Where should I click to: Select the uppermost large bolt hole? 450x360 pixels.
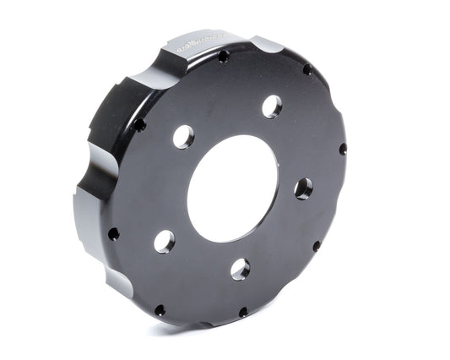point(272,106)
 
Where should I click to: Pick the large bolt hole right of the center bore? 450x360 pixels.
point(304,188)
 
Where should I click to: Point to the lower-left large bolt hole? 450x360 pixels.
point(164,242)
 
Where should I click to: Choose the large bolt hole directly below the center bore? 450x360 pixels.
point(241,269)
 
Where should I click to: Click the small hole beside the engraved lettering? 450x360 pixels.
point(223,57)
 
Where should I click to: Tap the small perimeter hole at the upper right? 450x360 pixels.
point(307,69)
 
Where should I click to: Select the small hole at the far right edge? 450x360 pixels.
point(343,149)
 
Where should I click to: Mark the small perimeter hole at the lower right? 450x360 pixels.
point(317,247)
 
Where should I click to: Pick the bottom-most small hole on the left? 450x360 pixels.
point(160,310)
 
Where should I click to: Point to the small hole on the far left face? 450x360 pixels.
point(113,233)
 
